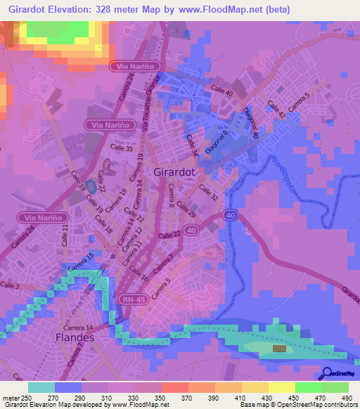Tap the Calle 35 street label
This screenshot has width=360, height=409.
point(120,148)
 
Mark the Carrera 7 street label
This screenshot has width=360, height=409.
point(162,268)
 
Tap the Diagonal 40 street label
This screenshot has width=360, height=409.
point(251,125)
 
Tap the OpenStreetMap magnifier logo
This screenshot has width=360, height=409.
point(328,373)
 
